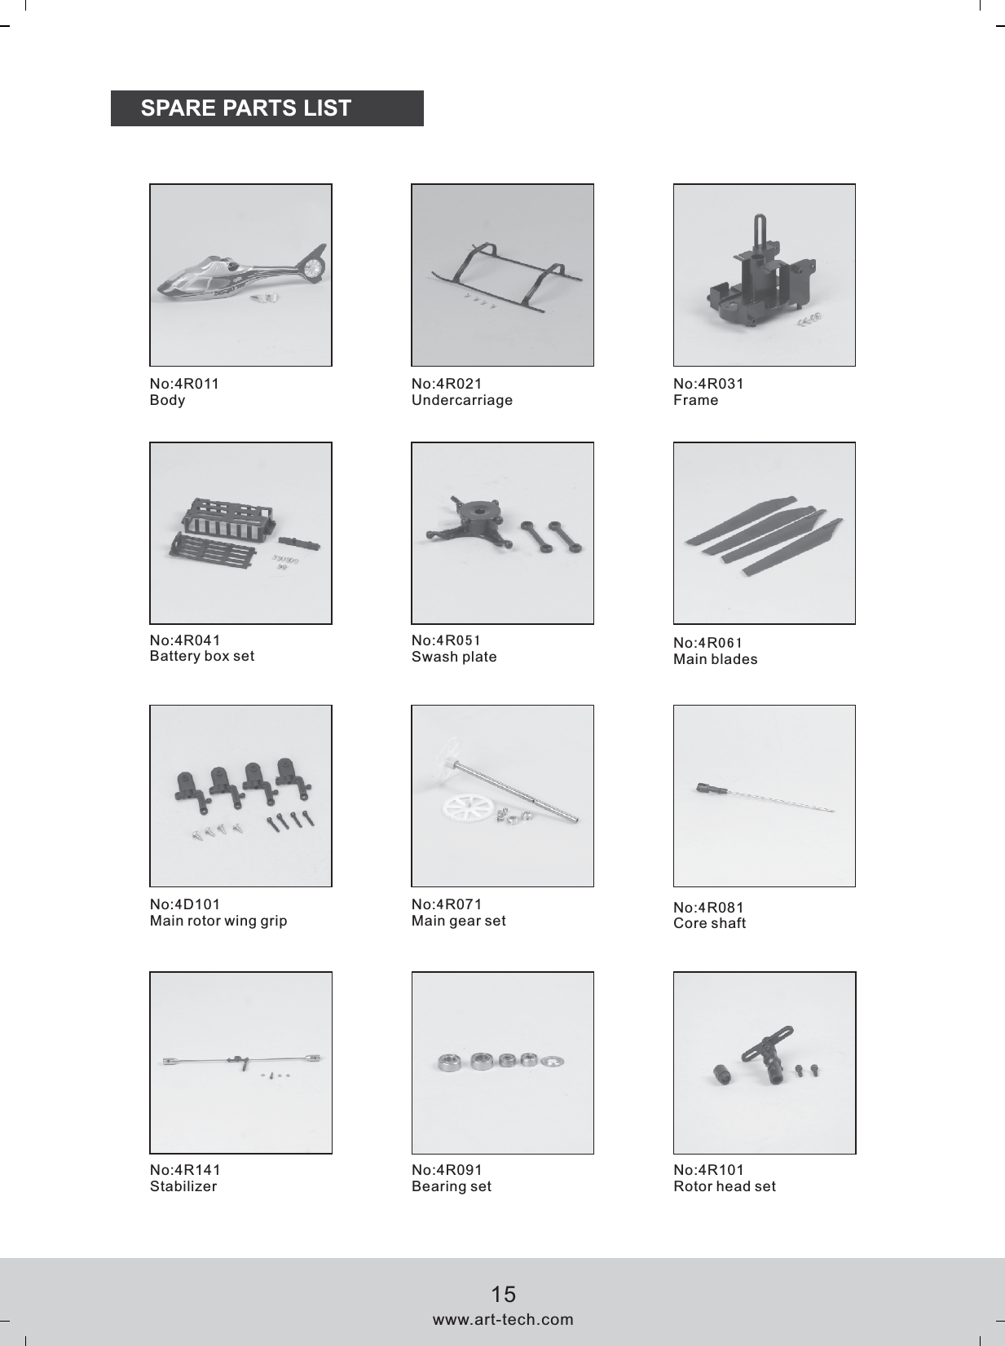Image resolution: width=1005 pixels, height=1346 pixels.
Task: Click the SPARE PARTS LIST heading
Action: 245,108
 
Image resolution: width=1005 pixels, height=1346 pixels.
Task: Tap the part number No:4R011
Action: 184,384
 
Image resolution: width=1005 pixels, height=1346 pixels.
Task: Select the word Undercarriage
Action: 462,400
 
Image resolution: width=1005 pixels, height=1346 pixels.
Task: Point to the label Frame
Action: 696,400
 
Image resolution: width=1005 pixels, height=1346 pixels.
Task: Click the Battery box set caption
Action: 202,656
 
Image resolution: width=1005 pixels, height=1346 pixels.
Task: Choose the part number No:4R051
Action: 446,640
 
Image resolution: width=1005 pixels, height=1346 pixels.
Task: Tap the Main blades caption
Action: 716,659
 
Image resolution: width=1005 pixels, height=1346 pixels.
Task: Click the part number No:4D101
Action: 185,904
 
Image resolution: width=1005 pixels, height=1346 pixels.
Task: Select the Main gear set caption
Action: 459,921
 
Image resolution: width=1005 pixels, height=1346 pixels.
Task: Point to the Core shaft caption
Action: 710,923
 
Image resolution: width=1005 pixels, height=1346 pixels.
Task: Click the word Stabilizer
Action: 183,1186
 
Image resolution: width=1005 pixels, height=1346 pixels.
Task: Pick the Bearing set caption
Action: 452,1186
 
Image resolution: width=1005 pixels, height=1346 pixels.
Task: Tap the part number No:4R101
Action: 709,1170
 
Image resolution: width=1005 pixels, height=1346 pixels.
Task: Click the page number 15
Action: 504,1294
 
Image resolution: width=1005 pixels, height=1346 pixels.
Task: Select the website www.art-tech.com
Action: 503,1319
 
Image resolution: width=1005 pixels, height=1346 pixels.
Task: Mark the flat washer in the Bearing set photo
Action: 557,1061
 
